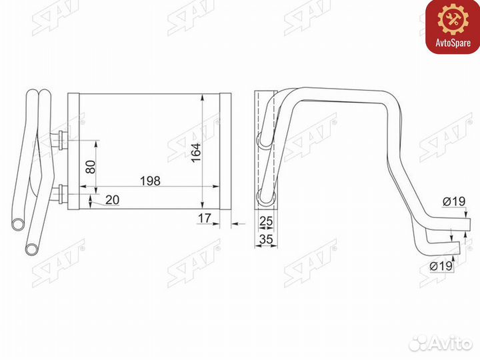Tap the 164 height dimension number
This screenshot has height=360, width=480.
pyautogui.click(x=195, y=154)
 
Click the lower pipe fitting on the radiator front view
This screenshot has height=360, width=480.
pyautogui.click(x=61, y=195)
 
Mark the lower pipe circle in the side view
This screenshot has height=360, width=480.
pyautogui.click(x=261, y=196)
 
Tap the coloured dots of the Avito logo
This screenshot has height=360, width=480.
pyautogui.click(x=420, y=343)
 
